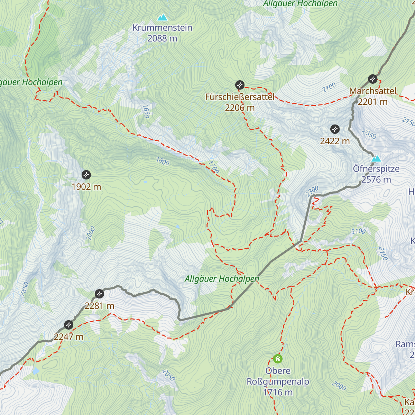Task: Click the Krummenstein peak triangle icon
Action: pyautogui.click(x=162, y=17)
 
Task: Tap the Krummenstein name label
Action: pyautogui.click(x=162, y=28)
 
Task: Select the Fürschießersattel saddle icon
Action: pyautogui.click(x=240, y=85)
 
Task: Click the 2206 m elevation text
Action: pyautogui.click(x=240, y=108)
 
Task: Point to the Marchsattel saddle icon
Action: pyautogui.click(x=372, y=79)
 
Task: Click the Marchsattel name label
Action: pyautogui.click(x=373, y=91)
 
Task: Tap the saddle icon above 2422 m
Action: pyautogui.click(x=335, y=129)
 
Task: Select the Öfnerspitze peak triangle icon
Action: pyautogui.click(x=376, y=159)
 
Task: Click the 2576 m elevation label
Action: pyautogui.click(x=376, y=179)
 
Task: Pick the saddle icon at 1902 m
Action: pyautogui.click(x=86, y=175)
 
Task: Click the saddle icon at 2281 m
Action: pyautogui.click(x=99, y=294)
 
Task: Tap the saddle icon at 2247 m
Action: pyautogui.click(x=68, y=325)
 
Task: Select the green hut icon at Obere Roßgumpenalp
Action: pyautogui.click(x=278, y=359)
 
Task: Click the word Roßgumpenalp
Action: pyautogui.click(x=278, y=382)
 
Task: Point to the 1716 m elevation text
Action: pyautogui.click(x=278, y=393)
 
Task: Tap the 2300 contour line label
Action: pyautogui.click(x=312, y=191)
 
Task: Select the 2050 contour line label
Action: pyautogui.click(x=168, y=375)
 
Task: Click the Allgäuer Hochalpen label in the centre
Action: pyautogui.click(x=222, y=279)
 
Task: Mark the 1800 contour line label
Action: pyautogui.click(x=163, y=161)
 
